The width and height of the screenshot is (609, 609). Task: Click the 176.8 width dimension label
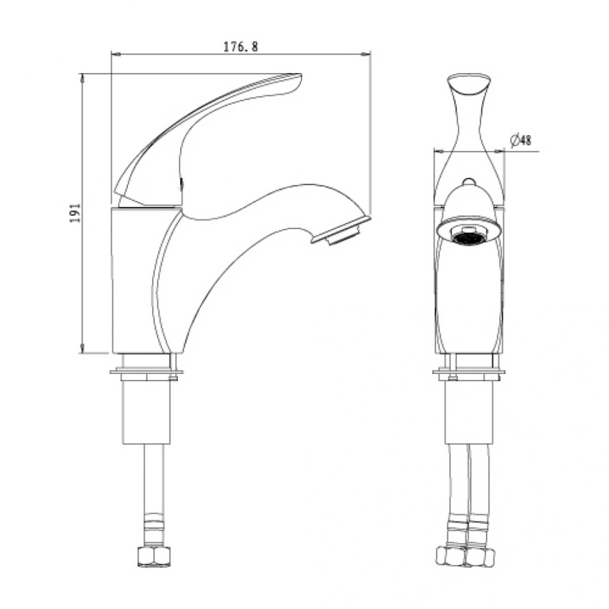[241, 46]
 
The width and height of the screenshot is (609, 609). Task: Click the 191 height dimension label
[75, 213]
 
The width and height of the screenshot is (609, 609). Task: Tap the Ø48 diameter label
[521, 140]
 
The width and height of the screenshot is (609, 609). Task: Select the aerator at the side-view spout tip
[342, 232]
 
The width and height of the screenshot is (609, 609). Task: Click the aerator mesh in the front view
[469, 238]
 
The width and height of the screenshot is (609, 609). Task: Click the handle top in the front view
[469, 82]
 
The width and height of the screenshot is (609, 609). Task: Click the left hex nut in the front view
[451, 556]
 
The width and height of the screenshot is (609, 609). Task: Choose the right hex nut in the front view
[481, 557]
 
